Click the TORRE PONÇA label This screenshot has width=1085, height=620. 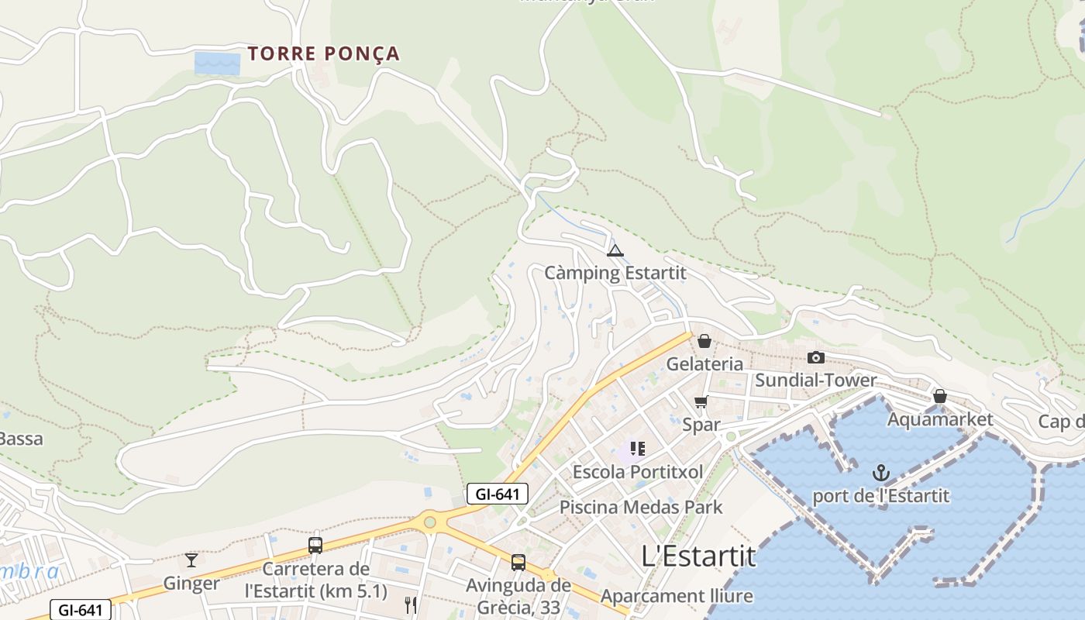click(323, 53)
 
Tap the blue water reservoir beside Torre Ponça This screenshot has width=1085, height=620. click(217, 63)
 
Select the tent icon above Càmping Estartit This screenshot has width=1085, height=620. click(615, 250)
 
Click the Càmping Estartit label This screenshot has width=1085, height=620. click(615, 273)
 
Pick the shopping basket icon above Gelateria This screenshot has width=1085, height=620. click(704, 341)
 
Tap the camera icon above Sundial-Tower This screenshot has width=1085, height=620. click(815, 357)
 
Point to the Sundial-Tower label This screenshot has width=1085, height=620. click(815, 380)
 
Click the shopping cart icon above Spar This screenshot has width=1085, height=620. click(701, 401)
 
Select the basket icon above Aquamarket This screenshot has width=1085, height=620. click(940, 396)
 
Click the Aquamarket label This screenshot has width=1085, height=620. click(940, 419)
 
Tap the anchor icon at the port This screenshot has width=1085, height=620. click(880, 473)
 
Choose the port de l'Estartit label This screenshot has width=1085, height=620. click(880, 495)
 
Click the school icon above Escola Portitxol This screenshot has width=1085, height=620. click(638, 449)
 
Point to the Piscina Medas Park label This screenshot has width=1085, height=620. click(641, 508)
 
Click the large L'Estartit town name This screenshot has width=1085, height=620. click(698, 556)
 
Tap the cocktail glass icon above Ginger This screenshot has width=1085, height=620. click(191, 560)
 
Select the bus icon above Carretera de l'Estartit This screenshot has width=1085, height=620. click(315, 545)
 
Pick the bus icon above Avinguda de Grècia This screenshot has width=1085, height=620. click(518, 563)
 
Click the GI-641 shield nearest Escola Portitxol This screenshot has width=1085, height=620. click(497, 494)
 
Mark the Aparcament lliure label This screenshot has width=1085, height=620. click(677, 596)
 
